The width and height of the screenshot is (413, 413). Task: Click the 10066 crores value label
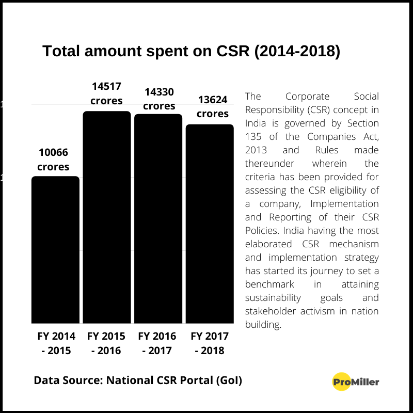tap(53, 160)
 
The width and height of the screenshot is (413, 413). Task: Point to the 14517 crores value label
tap(107, 93)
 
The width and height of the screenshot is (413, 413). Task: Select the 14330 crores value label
tap(159, 99)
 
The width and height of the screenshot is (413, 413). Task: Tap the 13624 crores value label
tap(213, 106)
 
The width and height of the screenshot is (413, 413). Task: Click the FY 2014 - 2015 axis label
tap(56, 343)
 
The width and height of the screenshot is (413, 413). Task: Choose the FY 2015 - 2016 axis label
tap(106, 343)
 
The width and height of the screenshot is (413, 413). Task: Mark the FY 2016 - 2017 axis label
tap(157, 343)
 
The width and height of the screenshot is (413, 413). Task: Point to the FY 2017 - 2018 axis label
tap(210, 343)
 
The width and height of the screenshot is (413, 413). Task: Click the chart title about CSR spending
tap(191, 52)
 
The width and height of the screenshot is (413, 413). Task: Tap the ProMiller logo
tap(356, 382)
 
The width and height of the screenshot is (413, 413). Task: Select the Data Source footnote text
tap(138, 380)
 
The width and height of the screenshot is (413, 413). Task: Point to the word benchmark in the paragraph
tap(269, 284)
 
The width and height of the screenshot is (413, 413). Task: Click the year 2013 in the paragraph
tap(257, 150)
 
